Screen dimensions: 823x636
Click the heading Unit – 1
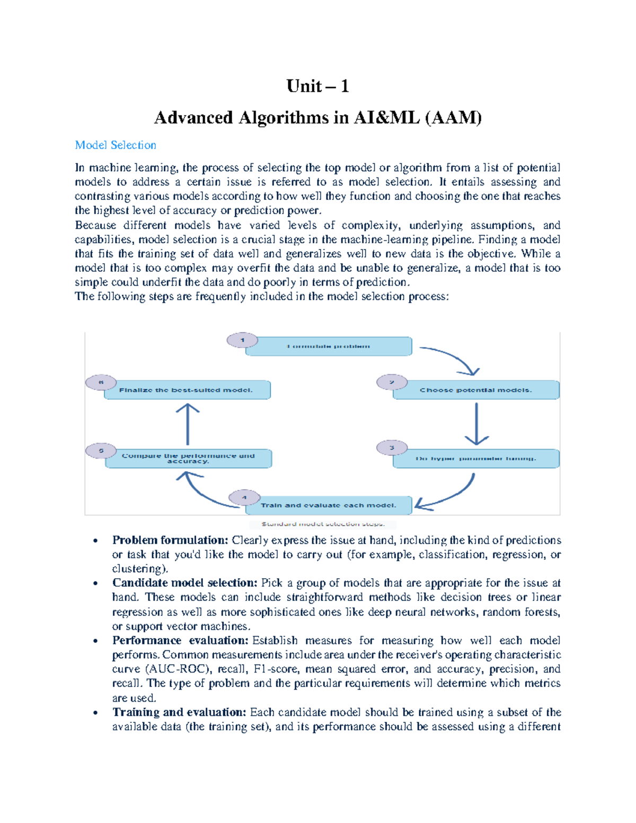pyautogui.click(x=317, y=86)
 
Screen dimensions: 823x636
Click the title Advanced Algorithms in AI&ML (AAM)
pyautogui.click(x=317, y=117)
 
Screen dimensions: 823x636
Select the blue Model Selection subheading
pyautogui.click(x=116, y=145)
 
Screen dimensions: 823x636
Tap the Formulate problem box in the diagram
pyautogui.click(x=329, y=346)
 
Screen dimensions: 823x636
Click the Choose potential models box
pyautogui.click(x=475, y=390)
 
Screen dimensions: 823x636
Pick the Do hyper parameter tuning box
pyautogui.click(x=475, y=458)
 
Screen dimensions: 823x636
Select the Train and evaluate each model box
pyautogui.click(x=329, y=505)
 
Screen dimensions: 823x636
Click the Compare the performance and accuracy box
pyautogui.click(x=188, y=458)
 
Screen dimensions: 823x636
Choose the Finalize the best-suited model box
pyautogui.click(x=187, y=390)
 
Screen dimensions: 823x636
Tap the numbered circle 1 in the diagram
pyautogui.click(x=242, y=340)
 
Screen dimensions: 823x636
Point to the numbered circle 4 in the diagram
pyautogui.click(x=244, y=498)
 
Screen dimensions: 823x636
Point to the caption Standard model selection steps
pyautogui.click(x=322, y=524)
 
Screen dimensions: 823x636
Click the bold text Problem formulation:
pyautogui.click(x=170, y=540)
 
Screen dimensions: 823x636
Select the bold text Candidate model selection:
pyautogui.click(x=184, y=583)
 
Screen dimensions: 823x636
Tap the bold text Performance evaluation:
pyautogui.click(x=180, y=640)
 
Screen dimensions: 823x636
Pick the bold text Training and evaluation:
pyautogui.click(x=179, y=712)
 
